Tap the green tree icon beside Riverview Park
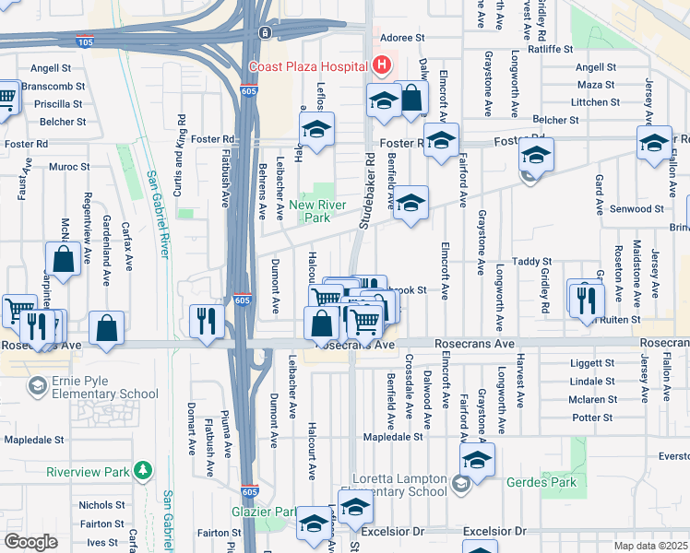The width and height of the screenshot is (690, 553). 142,472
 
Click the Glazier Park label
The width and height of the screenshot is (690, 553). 263,512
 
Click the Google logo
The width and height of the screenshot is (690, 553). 30,542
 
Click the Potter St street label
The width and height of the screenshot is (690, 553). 593,418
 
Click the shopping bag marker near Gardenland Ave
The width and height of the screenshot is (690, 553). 107,327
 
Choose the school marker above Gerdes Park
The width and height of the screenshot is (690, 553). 477,458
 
